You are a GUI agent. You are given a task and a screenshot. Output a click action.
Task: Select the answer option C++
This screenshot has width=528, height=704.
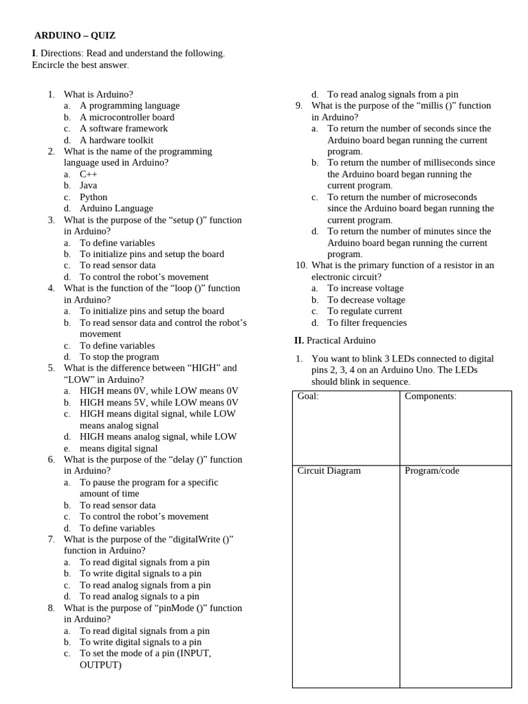pos(89,174)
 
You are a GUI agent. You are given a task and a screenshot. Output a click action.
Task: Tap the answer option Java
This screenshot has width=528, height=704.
pos(88,186)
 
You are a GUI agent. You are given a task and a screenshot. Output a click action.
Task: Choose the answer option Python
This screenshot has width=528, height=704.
pos(93,197)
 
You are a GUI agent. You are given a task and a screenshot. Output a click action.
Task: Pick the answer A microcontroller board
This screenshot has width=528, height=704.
pos(127,117)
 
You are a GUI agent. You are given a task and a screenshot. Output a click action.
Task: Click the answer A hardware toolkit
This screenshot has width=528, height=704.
pos(116,140)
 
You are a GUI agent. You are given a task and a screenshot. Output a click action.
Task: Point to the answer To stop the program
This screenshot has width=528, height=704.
pos(119,357)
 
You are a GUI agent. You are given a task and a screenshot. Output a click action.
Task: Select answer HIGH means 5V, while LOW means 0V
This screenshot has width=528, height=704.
pos(159,402)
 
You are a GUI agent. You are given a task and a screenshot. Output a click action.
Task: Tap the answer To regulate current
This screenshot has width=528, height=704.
pos(365,311)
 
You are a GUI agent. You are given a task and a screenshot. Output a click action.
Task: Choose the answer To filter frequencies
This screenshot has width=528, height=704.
pos(367,322)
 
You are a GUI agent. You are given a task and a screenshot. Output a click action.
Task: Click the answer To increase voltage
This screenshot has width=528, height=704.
pos(366,288)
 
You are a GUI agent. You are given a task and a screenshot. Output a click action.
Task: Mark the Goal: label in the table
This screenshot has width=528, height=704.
pos(308,397)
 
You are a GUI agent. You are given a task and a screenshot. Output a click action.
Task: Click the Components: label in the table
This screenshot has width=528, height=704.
pos(430,397)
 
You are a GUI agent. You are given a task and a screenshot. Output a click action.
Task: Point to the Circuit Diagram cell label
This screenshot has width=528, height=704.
pos(329,471)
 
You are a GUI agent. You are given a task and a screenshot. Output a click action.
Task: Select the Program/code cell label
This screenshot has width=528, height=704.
pos(432,471)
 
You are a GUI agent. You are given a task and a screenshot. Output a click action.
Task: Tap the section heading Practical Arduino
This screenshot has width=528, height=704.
pos(341,340)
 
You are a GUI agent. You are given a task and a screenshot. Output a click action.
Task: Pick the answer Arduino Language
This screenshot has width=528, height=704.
pos(116,208)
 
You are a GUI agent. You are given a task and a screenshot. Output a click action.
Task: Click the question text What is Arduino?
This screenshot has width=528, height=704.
pos(98,94)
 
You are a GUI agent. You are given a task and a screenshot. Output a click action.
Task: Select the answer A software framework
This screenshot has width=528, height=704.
pos(124,129)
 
